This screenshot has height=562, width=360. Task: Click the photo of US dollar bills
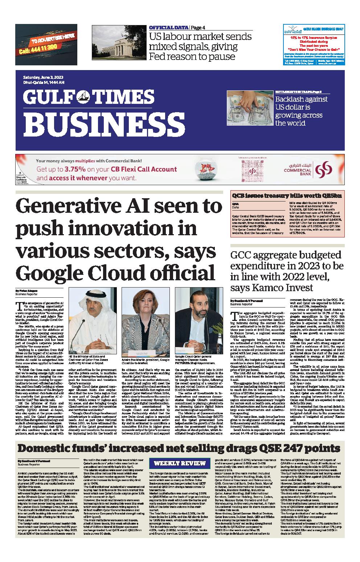pos(249,108)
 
